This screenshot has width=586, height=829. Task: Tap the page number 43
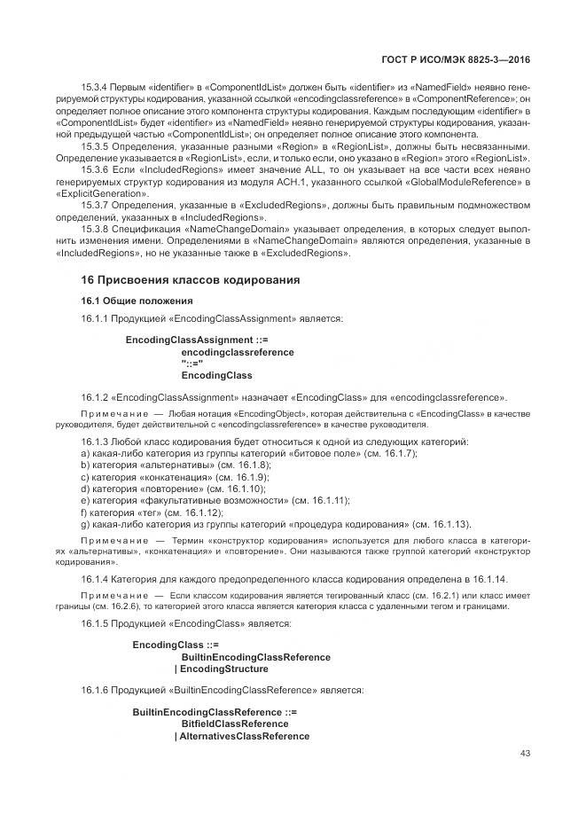click(525, 754)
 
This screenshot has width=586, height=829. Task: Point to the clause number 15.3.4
click(95, 87)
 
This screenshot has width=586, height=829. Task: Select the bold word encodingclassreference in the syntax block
click(238, 352)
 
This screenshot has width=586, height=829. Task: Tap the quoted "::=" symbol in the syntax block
click(192, 364)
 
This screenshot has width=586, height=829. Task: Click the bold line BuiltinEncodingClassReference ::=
click(215, 713)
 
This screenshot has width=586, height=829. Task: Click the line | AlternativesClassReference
click(242, 736)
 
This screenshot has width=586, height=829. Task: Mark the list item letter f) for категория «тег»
click(84, 512)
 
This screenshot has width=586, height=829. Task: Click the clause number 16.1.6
click(95, 690)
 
